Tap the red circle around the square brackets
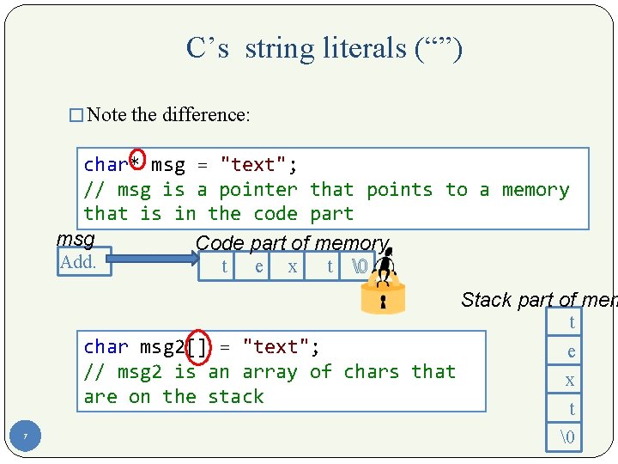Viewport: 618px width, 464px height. [197, 346]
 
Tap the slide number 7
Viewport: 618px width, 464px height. [25, 437]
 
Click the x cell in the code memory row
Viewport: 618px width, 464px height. [293, 267]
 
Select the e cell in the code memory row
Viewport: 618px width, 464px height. [259, 267]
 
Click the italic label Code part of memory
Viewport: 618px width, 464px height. [292, 243]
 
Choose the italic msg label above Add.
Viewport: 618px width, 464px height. [76, 238]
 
